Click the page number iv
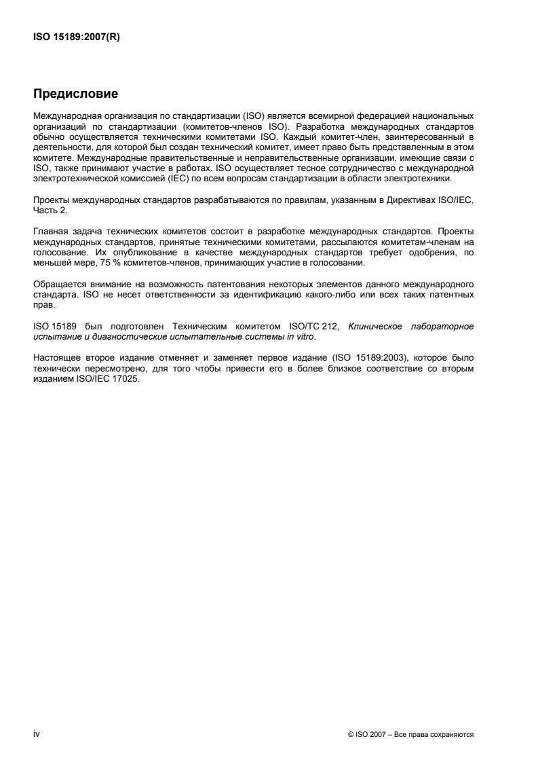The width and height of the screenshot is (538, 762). point(37,734)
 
